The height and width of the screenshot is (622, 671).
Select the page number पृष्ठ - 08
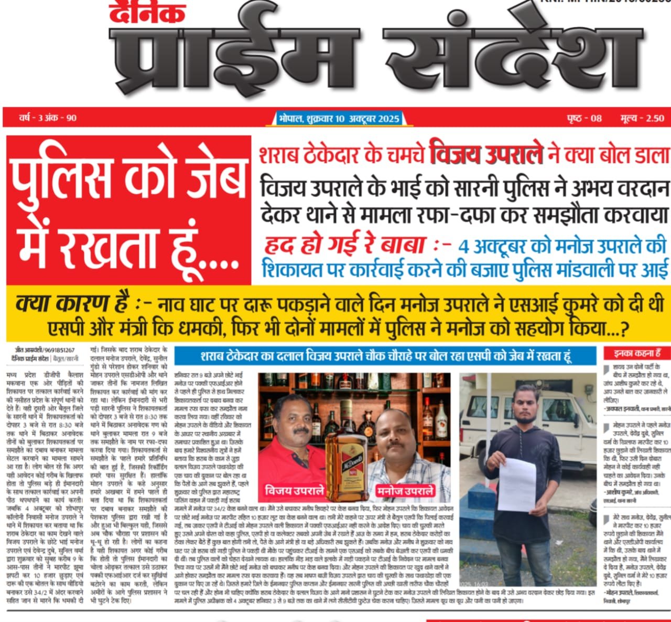[584, 118]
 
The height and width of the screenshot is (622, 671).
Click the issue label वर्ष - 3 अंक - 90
[48, 118]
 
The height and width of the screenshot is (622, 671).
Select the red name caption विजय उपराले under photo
[294, 492]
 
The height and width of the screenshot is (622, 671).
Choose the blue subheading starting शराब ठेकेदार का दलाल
[385, 356]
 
